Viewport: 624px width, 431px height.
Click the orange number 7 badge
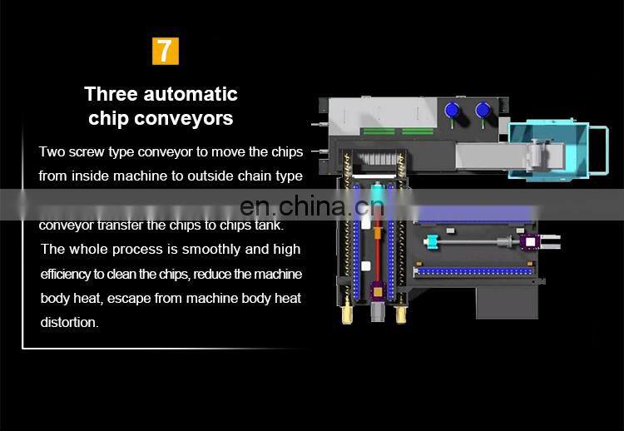(166, 51)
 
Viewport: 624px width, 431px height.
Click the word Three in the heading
(111, 94)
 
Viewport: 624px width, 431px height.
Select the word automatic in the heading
(191, 94)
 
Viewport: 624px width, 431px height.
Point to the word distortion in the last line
(68, 322)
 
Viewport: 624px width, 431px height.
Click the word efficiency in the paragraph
(66, 275)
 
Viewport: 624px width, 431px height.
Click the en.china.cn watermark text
(312, 206)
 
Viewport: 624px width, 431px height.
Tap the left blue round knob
(452, 110)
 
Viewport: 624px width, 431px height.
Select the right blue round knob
(483, 110)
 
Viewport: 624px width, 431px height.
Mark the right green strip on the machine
(418, 131)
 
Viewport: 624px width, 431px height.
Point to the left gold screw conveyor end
(347, 313)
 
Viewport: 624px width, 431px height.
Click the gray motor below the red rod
(378, 312)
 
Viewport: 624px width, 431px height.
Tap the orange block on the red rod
(377, 232)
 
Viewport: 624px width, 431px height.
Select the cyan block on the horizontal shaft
(431, 241)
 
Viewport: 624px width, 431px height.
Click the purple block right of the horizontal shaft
(530, 241)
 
